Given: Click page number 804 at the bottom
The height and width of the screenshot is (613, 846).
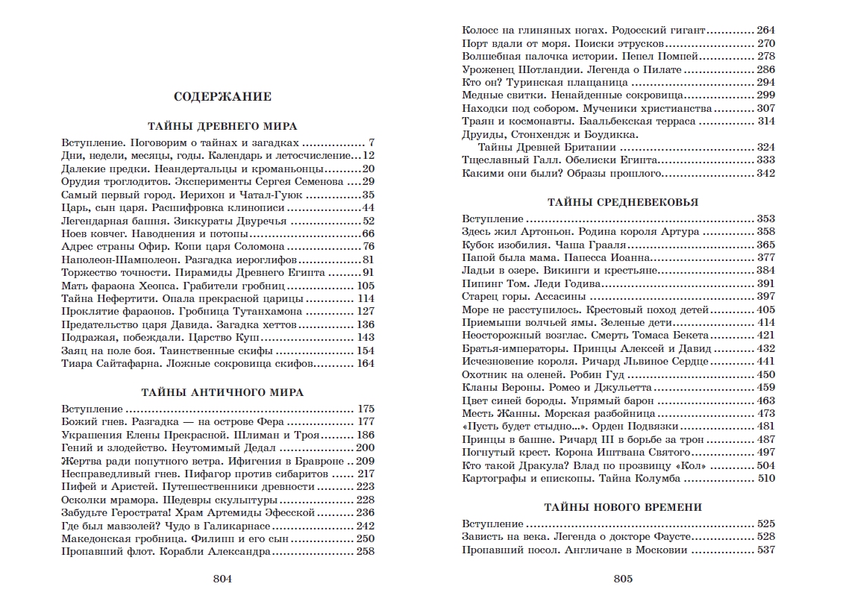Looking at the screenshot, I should [222, 579].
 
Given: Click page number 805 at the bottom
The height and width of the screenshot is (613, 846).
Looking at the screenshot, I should [623, 579].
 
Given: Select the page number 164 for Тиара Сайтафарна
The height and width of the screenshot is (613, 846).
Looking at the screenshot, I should [365, 363].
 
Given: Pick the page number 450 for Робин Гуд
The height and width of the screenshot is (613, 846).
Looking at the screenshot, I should [766, 374].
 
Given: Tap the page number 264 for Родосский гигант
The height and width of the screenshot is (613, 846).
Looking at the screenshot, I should [766, 31].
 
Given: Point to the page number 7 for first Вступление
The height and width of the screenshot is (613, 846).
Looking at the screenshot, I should [371, 142].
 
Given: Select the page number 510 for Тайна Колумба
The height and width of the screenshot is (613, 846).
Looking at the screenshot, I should [766, 479].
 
